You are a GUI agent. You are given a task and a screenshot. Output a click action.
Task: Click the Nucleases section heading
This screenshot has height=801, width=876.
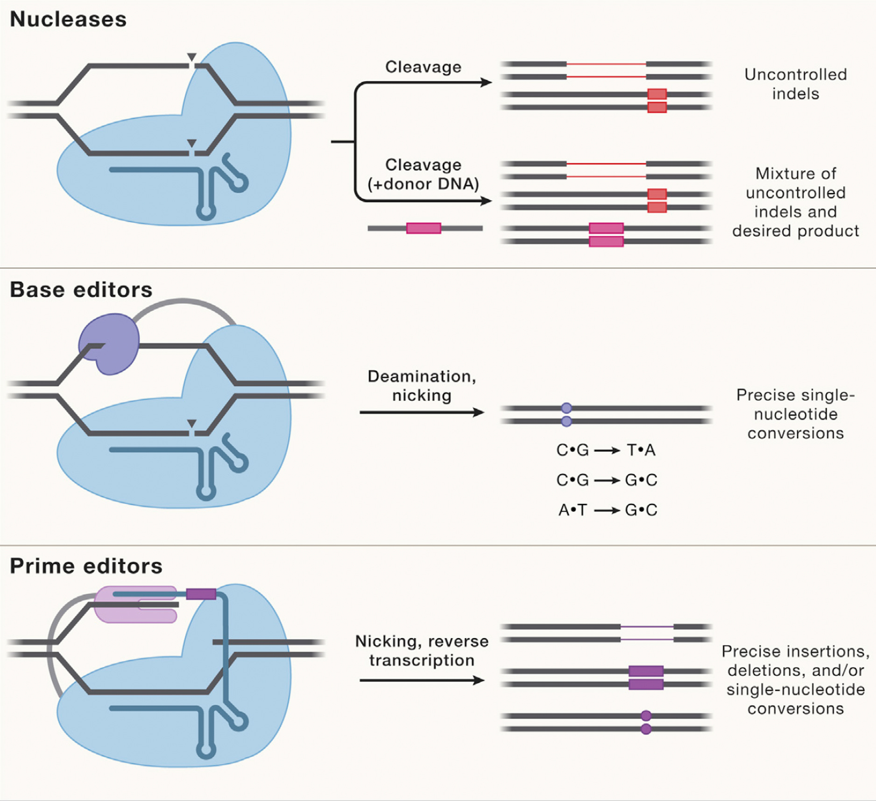pos(68,20)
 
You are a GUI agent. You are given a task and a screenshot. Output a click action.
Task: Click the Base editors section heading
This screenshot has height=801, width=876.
pos(81,290)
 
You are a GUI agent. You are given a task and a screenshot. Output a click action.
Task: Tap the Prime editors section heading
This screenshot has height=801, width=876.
pos(86,566)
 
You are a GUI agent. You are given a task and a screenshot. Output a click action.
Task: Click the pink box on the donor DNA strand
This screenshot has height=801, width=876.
pos(424,228)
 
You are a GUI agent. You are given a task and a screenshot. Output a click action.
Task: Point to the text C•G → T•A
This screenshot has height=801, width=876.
pos(606,450)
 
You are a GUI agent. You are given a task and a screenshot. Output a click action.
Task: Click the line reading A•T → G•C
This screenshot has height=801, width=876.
pos(607,510)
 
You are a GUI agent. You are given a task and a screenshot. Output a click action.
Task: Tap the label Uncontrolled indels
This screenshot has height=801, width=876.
pos(795,84)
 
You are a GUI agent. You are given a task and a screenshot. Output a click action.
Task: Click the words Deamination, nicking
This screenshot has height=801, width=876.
pos(421,386)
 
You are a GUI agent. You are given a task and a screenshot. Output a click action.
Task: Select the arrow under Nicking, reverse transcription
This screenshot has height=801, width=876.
pos(421,681)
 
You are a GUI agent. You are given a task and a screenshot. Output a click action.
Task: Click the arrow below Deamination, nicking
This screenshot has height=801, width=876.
pos(421,412)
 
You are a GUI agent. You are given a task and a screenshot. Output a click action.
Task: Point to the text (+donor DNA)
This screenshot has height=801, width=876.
pos(423,184)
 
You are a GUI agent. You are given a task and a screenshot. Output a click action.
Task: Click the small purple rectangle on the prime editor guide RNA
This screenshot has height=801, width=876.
pos(201,594)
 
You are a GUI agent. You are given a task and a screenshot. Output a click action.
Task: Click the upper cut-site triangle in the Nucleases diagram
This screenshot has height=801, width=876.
pos(191,57)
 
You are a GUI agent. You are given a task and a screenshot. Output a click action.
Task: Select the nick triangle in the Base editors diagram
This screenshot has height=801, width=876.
pos(191,423)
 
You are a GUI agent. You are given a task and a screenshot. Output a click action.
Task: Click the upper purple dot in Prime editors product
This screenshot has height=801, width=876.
pos(646,716)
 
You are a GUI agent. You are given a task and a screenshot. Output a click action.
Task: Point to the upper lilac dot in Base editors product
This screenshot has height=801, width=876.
pos(566,408)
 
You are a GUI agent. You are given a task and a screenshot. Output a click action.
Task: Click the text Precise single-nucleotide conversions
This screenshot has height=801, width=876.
pos(795,414)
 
